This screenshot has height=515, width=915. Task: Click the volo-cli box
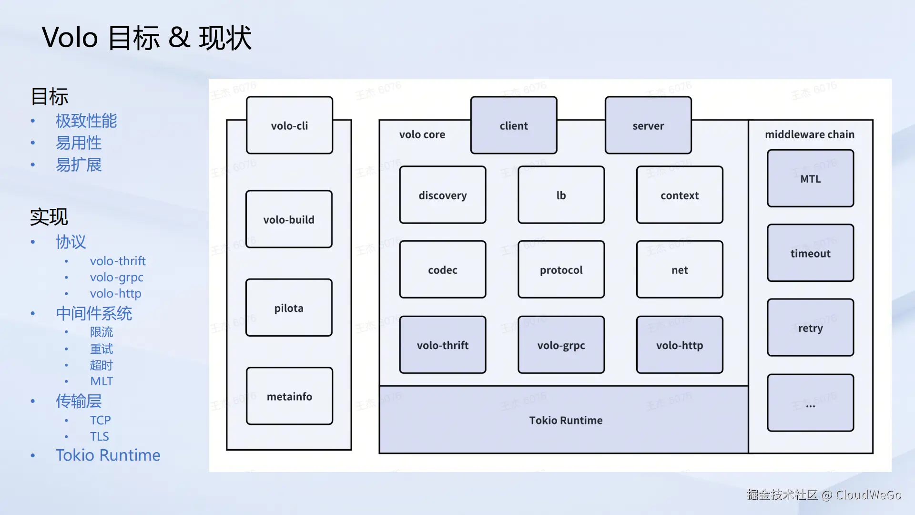coord(289,125)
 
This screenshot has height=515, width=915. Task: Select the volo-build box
coord(289,219)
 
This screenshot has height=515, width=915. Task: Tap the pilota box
coord(289,308)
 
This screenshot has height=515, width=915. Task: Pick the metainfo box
coord(289,396)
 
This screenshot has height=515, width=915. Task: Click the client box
coord(514,125)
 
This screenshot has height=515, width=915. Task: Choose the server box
coord(648,125)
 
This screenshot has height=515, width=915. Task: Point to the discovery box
coord(443,195)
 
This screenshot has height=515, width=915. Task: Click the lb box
coord(561,195)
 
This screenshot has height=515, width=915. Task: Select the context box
coord(680,195)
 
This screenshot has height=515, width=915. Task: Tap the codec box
coord(443,270)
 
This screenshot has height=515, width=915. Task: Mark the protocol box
coord(561,270)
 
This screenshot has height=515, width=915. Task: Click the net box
coord(680,270)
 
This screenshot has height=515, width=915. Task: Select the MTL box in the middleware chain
coord(810,179)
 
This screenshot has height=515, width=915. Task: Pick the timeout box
coord(810,253)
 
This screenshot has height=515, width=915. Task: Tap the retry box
coord(810,328)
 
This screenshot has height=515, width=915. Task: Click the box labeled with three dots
coord(810,403)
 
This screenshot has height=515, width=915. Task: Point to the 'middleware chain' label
coord(810,134)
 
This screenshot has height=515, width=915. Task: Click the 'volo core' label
coord(422,134)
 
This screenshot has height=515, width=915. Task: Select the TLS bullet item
coord(100,436)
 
